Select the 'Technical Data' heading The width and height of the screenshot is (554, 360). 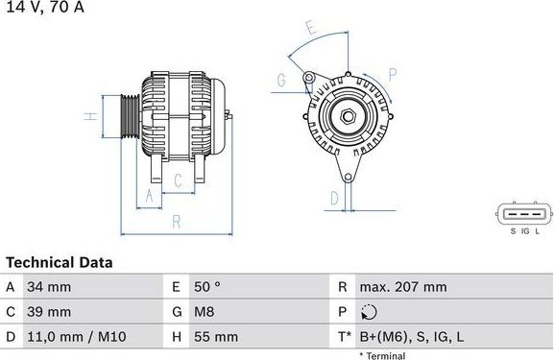coord(60,262)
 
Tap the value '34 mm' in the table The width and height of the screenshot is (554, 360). coord(51,287)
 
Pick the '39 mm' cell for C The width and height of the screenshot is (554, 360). coord(51,312)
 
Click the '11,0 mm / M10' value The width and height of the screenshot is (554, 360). coord(76,337)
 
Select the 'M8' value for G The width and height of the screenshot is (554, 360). coord(205,312)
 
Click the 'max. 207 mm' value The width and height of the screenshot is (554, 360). coord(402,287)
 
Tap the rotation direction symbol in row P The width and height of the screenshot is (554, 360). coord(371,312)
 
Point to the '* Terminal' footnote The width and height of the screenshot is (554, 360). coord(382,356)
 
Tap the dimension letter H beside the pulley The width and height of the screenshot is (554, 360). coord(88,116)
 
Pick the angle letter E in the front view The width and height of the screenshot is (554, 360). coord(310,29)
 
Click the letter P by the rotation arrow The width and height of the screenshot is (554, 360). coord(393,73)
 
